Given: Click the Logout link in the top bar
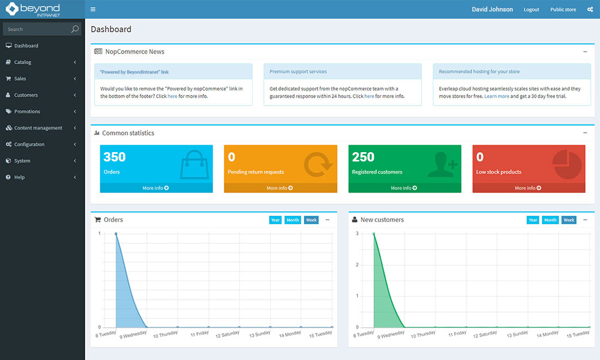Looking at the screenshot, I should (x=531, y=9).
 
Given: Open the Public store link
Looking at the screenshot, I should (x=563, y=9).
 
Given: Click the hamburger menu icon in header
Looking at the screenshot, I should (x=93, y=9).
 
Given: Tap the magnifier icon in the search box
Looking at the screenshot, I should (x=75, y=29).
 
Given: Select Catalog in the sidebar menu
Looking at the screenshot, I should (x=23, y=62).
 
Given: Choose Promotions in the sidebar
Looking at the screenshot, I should (x=27, y=111).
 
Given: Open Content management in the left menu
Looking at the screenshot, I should (x=38, y=128).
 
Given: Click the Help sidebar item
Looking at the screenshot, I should (x=20, y=177).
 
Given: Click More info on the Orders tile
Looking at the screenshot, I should (x=156, y=188).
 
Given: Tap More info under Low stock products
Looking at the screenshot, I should (x=528, y=188).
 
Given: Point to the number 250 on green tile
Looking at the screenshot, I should (x=363, y=157).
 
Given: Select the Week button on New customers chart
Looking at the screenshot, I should (x=569, y=220).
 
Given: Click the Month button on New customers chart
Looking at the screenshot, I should (x=550, y=220).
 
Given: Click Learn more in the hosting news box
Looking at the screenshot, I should (x=496, y=96).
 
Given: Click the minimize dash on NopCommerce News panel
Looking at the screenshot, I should (x=585, y=52).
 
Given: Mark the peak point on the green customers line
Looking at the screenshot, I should (x=374, y=233).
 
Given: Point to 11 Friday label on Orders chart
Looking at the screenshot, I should (x=200, y=333).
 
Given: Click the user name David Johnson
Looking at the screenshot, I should (x=492, y=9).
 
